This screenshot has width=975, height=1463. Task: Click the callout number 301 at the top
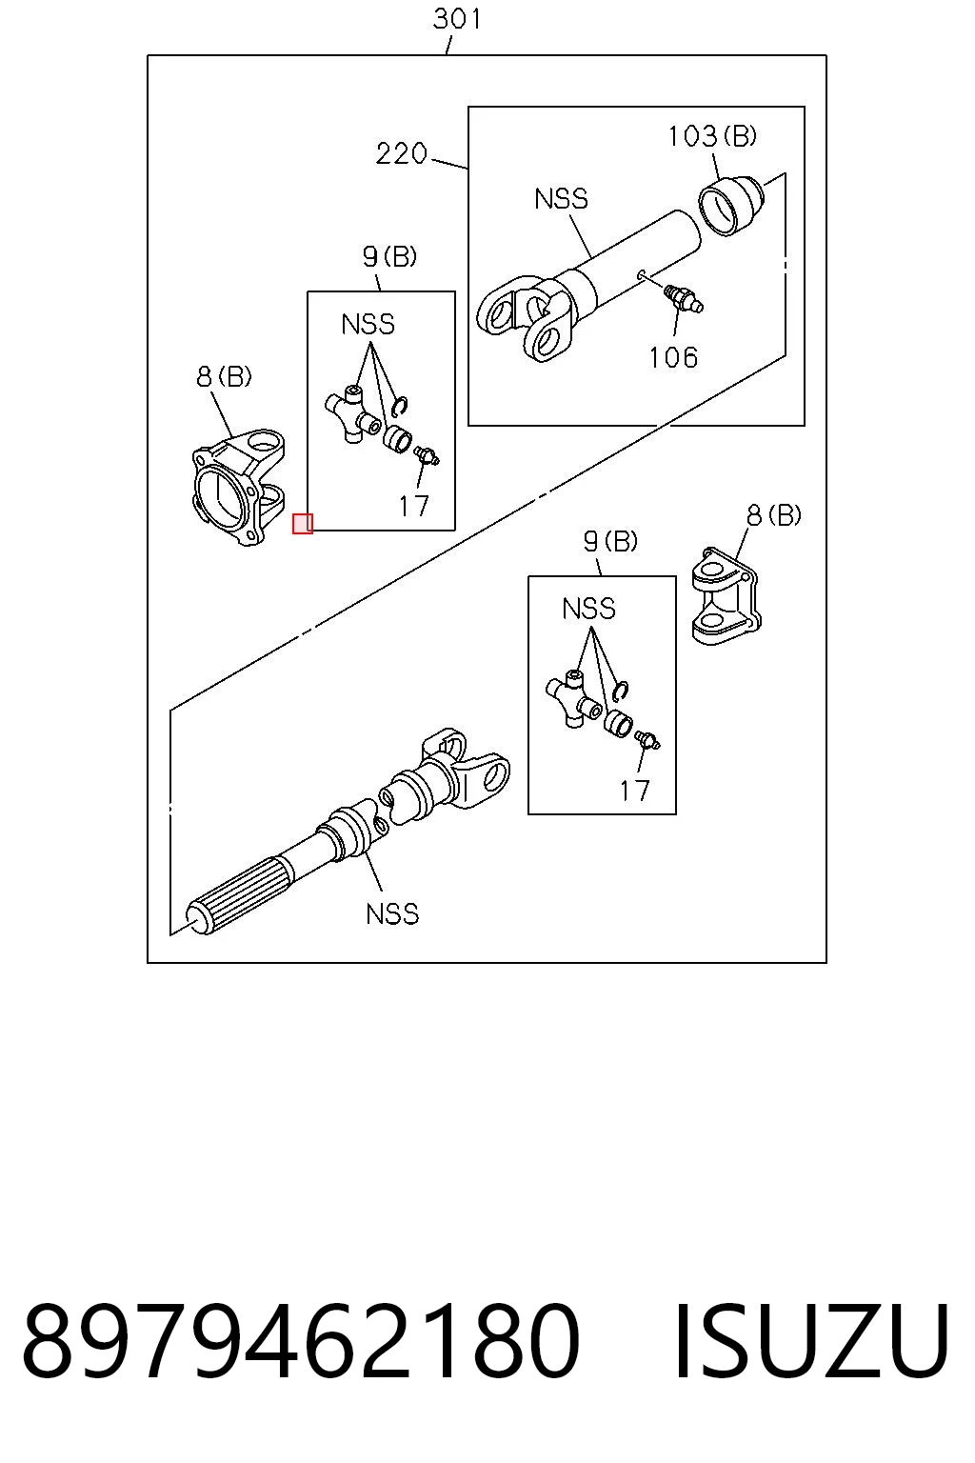coord(457,18)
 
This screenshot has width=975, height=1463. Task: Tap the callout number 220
coord(402,153)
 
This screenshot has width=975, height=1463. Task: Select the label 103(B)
coord(712,136)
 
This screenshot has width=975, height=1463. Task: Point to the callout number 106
coord(673,357)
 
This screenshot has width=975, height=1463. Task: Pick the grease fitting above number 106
coord(683,298)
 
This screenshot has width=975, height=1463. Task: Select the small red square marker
coord(303,523)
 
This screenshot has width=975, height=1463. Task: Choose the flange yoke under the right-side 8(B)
coord(726,596)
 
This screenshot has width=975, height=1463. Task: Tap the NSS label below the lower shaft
coord(392,913)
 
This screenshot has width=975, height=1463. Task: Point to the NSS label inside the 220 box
coord(561,198)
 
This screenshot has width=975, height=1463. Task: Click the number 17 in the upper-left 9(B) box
coord(414,506)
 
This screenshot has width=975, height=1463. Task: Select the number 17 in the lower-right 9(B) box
coord(634,791)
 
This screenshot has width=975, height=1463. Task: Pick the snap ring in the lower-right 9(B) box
coord(622,690)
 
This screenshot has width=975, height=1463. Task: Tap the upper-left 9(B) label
coord(389,256)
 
